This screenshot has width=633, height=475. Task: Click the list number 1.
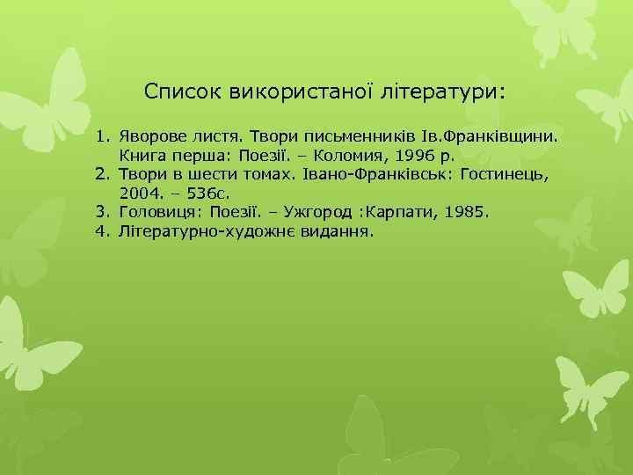coord(102,138)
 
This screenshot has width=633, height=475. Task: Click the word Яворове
coord(152,138)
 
